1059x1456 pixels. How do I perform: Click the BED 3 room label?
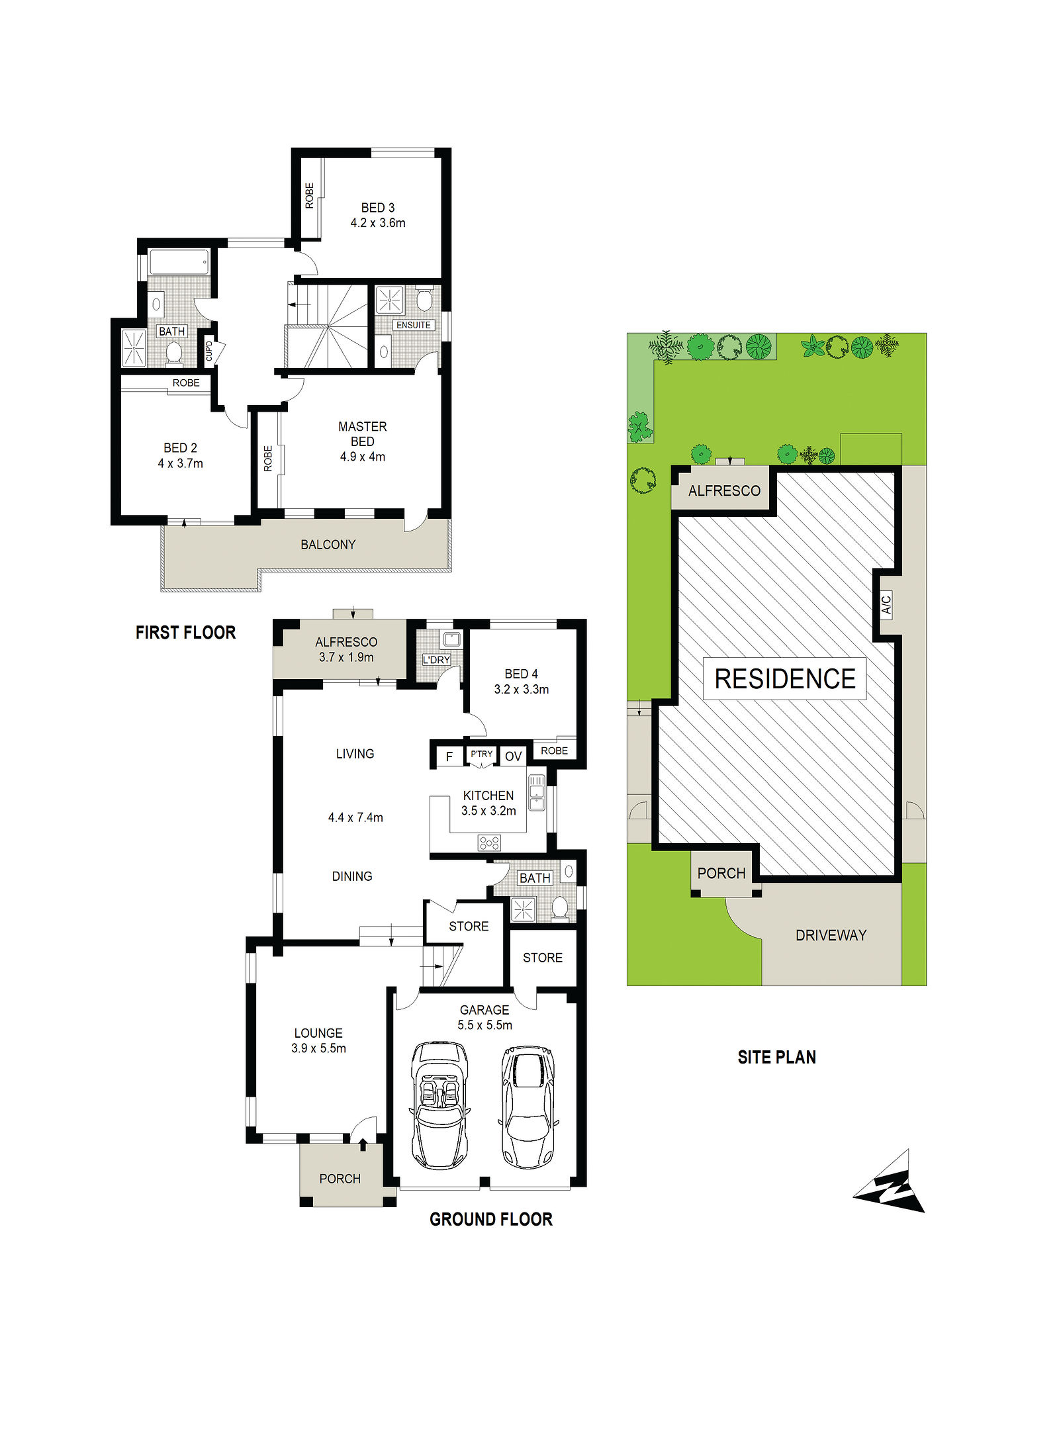[378, 208]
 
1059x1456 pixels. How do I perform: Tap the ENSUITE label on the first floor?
[414, 325]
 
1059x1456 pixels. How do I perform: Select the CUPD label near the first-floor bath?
[209, 351]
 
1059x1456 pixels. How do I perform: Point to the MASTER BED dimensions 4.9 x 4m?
[363, 457]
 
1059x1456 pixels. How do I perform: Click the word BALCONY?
[328, 545]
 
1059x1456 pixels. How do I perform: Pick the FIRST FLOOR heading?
[186, 633]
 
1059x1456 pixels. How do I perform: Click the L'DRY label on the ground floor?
[437, 660]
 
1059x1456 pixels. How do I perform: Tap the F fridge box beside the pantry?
[449, 756]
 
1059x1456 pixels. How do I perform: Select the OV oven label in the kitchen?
[514, 756]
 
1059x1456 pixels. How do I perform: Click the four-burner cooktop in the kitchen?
[489, 842]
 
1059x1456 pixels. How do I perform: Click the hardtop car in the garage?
[528, 1107]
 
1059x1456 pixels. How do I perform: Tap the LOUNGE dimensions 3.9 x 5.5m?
[319, 1048]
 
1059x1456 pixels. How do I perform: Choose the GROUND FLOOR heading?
[491, 1219]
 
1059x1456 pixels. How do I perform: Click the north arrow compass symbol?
[889, 1183]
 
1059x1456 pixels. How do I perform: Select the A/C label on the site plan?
[886, 605]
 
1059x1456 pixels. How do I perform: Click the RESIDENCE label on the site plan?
[785, 679]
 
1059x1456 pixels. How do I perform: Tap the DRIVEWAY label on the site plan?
[831, 935]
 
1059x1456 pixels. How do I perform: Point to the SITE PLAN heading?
[777, 1058]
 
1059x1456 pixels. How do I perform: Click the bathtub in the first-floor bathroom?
[179, 262]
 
